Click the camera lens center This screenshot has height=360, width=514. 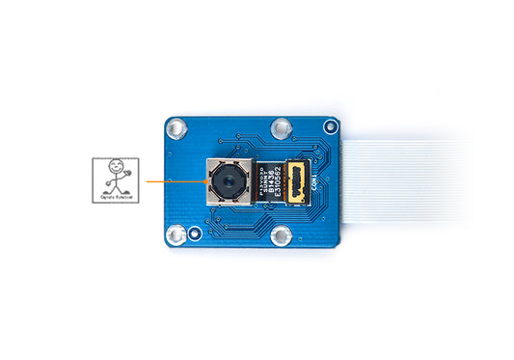(x=229, y=180)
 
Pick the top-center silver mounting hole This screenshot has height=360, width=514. (x=281, y=126)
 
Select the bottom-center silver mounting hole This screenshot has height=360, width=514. (x=283, y=235)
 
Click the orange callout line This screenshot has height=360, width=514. (x=174, y=180)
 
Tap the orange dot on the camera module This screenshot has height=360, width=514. (x=207, y=180)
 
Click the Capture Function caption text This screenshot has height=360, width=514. (x=116, y=197)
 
